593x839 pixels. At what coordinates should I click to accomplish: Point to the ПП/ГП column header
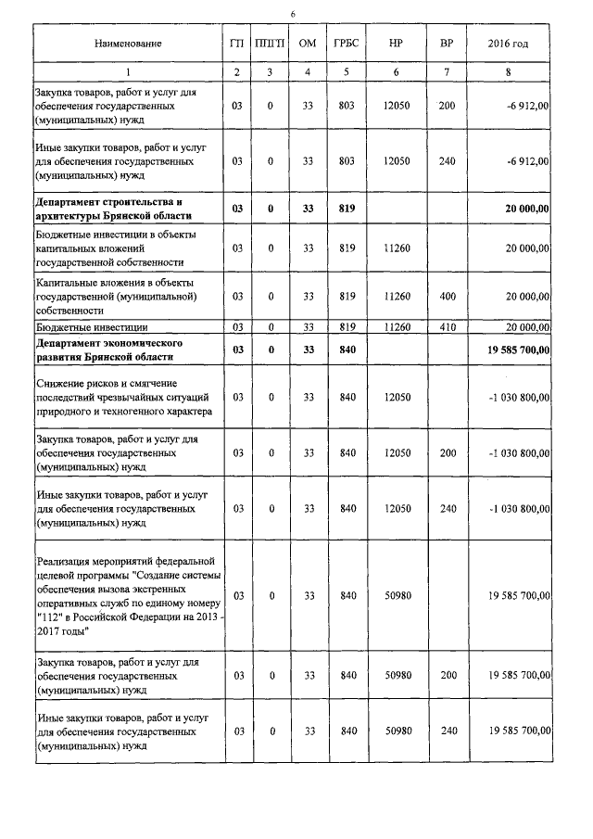270,44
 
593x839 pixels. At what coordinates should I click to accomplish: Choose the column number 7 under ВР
447,72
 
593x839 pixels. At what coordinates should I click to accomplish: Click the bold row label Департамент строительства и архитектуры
114,209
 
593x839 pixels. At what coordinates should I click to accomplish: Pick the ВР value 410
447,327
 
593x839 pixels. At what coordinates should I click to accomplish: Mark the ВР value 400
447,296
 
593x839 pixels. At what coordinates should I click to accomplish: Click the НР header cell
396,44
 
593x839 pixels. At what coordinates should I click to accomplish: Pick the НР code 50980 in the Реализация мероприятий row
396,594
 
